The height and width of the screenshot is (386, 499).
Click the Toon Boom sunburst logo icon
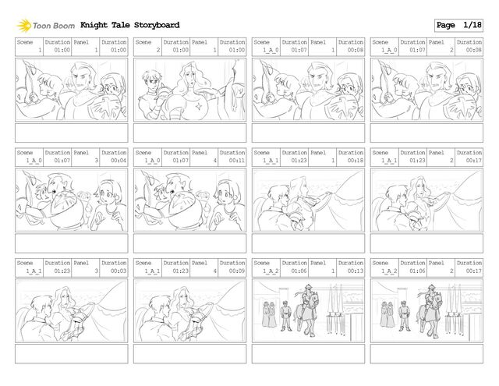pyautogui.click(x=24, y=26)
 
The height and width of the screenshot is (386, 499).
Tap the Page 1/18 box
pyautogui.click(x=458, y=25)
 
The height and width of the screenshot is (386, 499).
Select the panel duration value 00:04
pyautogui.click(x=119, y=161)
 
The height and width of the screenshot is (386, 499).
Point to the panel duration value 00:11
pyautogui.click(x=237, y=161)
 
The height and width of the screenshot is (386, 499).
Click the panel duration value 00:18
pyautogui.click(x=356, y=161)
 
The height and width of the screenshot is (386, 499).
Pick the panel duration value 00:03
pyautogui.click(x=119, y=271)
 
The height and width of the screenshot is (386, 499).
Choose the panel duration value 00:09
pyautogui.click(x=237, y=271)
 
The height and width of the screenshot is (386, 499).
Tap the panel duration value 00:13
pyautogui.click(x=356, y=271)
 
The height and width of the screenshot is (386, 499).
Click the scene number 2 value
pyautogui.click(x=158, y=50)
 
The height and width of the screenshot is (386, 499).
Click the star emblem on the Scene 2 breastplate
pyautogui.click(x=200, y=106)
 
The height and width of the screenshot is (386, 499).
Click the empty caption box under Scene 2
pyautogui.click(x=189, y=133)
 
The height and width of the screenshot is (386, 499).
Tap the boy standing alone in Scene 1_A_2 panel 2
pyautogui.click(x=404, y=316)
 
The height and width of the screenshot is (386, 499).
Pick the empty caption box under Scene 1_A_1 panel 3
pyautogui.click(x=71, y=353)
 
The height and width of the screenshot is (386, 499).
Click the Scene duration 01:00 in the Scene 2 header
pyautogui.click(x=180, y=50)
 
